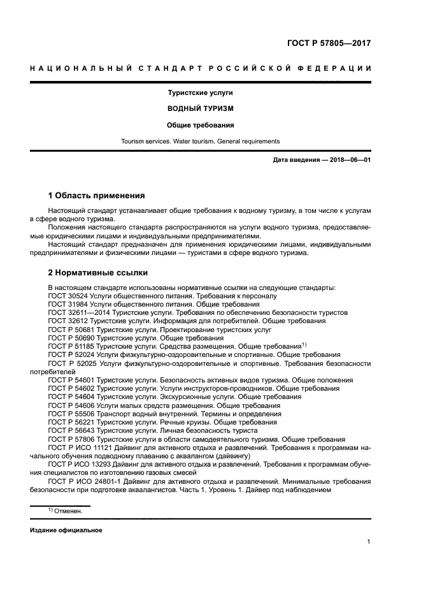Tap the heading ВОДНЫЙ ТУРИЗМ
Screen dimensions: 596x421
tap(201, 108)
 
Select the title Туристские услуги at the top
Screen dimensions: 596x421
tap(201, 93)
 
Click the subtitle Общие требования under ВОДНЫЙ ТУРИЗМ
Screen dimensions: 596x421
tap(201, 125)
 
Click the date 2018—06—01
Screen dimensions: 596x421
tap(348, 160)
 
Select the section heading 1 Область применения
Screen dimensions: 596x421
tap(97, 195)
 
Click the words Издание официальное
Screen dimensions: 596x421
tap(66, 530)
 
